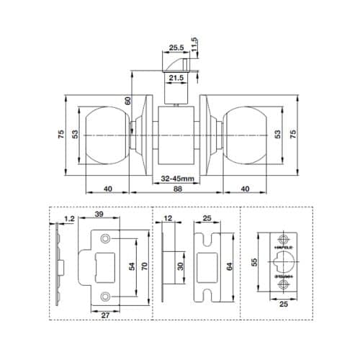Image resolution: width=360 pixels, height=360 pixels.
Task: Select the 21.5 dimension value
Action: tap(176, 78)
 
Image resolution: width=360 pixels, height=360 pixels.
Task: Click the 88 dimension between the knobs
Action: tap(177, 189)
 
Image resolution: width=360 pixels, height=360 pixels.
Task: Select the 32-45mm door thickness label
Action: tap(177, 178)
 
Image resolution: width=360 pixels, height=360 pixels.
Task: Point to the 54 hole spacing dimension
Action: tap(131, 266)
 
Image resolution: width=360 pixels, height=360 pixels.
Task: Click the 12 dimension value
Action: tap(168, 217)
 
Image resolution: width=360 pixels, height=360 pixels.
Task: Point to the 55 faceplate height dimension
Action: tap(253, 264)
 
